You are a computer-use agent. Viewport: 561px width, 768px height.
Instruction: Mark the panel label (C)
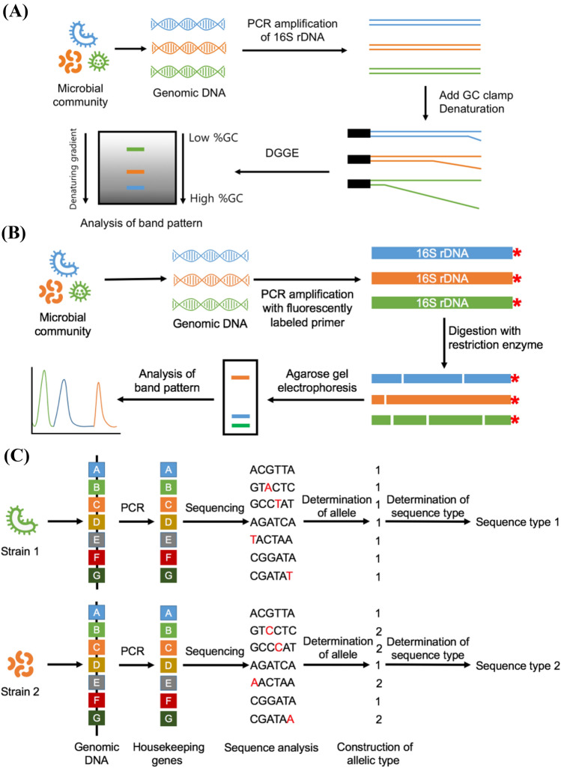[x=16, y=456]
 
